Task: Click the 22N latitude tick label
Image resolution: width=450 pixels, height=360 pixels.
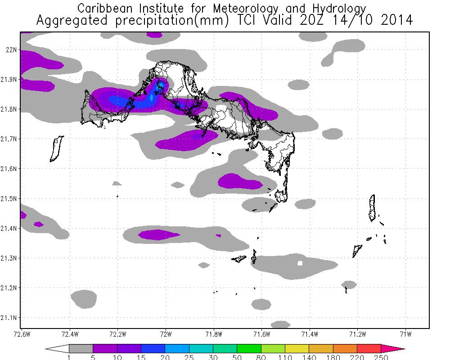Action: click(11, 49)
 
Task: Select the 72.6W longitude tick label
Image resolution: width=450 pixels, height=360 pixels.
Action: click(21, 334)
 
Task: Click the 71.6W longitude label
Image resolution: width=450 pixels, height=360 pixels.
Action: click(261, 334)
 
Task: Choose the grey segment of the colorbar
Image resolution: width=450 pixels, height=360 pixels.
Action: click(81, 348)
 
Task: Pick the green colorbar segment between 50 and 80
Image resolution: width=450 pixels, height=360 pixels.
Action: click(249, 348)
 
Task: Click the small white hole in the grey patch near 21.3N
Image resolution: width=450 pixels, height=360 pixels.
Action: click(300, 263)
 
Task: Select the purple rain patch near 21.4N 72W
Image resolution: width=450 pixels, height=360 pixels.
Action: click(158, 234)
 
